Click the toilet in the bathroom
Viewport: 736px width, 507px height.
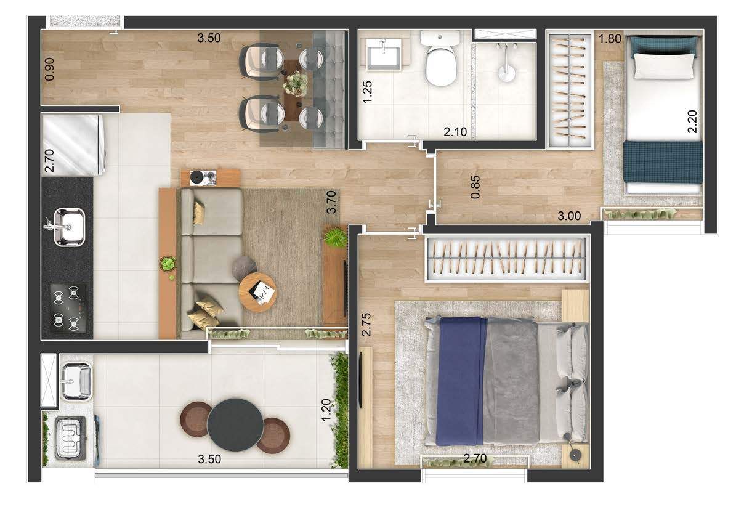pyautogui.click(x=440, y=58)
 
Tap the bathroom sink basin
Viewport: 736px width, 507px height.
pyautogui.click(x=384, y=54)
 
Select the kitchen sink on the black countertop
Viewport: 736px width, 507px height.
pyautogui.click(x=68, y=227)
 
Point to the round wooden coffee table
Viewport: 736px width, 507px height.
pyautogui.click(x=257, y=293)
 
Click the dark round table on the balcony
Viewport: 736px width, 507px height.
pyautogui.click(x=235, y=425)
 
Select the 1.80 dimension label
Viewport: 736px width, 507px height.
pyautogui.click(x=610, y=38)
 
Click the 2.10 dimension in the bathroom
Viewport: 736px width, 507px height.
pyautogui.click(x=455, y=132)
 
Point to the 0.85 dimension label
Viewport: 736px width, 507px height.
pyautogui.click(x=475, y=187)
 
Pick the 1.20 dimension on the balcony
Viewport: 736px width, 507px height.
pyautogui.click(x=326, y=410)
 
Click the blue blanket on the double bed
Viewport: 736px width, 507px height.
pyautogui.click(x=461, y=381)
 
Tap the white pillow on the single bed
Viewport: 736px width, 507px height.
pyautogui.click(x=663, y=66)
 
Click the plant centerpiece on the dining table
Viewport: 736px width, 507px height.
pyautogui.click(x=296, y=84)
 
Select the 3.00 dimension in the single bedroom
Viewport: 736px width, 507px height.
pyautogui.click(x=569, y=216)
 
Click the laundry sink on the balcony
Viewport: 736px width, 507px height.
pyautogui.click(x=76, y=381)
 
